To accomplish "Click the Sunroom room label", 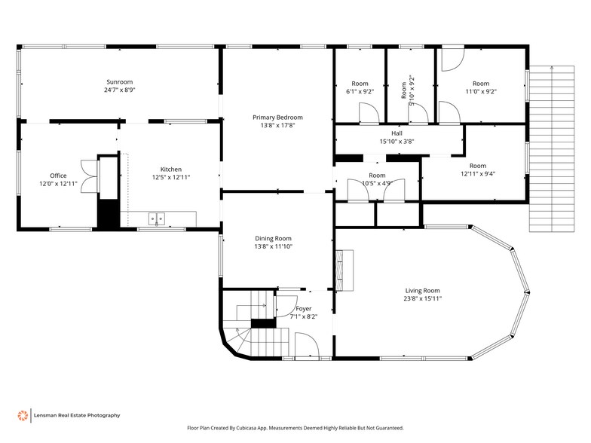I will coord(119,81).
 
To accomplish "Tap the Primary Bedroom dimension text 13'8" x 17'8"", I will coord(277,125).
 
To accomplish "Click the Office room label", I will coord(58,176).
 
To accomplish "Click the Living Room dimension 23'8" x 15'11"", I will coord(423,298).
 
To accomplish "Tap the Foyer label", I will coord(303,309).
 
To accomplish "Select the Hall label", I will coord(397,133).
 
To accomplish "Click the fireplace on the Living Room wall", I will coord(345,270).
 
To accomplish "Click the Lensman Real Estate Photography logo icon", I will coord(23,415).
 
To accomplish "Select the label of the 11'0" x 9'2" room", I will coord(480,84).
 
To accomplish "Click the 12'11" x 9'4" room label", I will coord(477,166).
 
